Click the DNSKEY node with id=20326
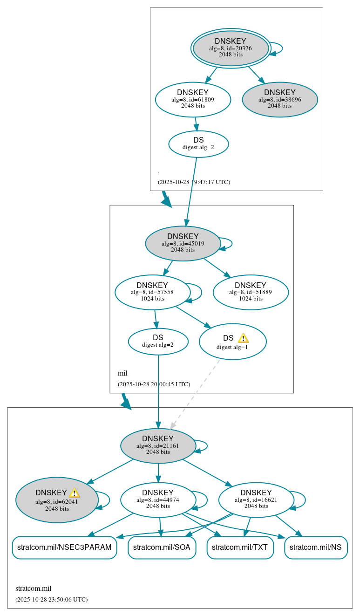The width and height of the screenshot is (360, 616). pos(231,48)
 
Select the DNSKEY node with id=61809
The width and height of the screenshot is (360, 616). pos(193,99)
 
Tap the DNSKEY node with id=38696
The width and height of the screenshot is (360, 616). pos(279,99)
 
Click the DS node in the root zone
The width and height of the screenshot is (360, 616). pos(198,144)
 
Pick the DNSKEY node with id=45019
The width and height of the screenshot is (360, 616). pos(183,243)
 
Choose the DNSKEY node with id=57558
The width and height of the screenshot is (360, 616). pos(152,292)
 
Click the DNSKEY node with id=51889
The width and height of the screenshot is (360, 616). pos(251,292)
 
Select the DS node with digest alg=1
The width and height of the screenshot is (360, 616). pos(232,342)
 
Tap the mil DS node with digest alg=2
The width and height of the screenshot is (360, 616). pos(158,342)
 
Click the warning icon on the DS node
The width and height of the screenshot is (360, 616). pos(243,338)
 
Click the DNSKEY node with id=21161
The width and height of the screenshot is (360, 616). pos(158,445)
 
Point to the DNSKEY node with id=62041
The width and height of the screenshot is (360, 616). pos(57,500)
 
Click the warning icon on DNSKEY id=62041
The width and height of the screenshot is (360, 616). pos(75,493)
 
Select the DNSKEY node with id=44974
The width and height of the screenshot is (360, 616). pos(158,500)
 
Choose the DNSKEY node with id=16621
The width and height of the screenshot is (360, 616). pos(256,500)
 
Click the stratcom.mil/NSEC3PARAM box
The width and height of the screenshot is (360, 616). pos(64,548)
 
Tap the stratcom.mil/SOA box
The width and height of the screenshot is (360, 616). pos(162,548)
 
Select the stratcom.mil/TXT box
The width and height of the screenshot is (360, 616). pos(239,548)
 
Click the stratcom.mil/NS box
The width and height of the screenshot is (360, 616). pos(316,548)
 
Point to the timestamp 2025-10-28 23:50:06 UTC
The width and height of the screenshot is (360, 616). pos(51,599)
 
